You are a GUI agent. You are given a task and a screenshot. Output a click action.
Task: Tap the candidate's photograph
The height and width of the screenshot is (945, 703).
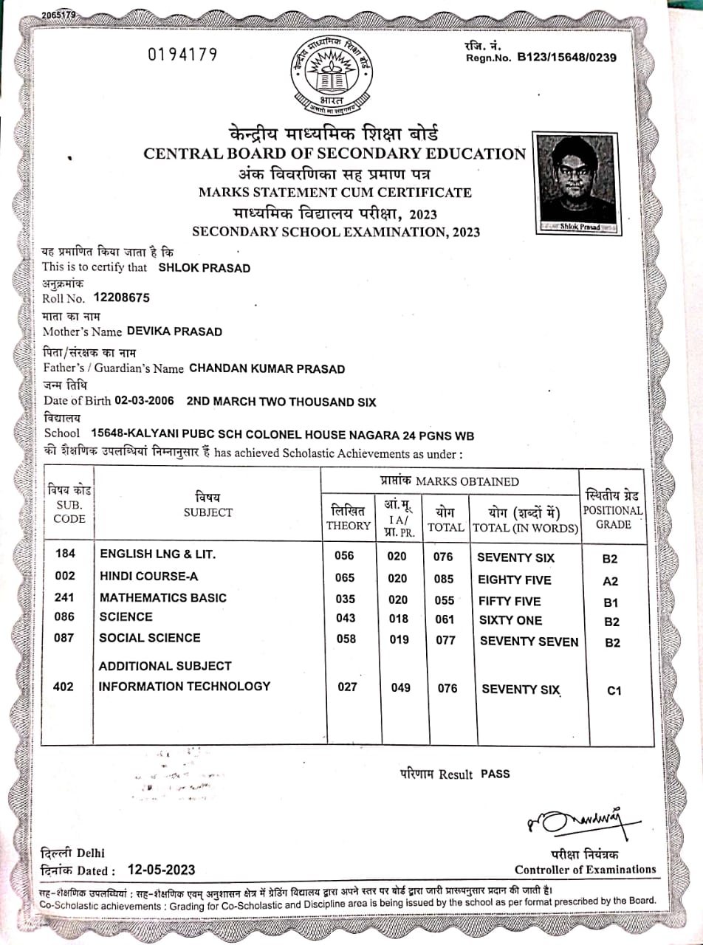(577, 182)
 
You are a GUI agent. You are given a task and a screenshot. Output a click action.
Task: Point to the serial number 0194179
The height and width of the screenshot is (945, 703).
(183, 55)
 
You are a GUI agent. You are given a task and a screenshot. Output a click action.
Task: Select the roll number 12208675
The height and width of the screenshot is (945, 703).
(122, 298)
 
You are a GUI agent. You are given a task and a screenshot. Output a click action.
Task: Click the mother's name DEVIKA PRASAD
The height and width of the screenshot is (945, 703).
(174, 331)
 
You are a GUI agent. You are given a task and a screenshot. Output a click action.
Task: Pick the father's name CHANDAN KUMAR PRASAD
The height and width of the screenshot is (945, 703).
(267, 368)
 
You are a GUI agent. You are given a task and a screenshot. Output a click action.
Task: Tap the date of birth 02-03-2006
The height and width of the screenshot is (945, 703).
(145, 401)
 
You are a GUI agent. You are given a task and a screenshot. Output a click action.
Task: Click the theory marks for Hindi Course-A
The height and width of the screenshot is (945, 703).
(344, 578)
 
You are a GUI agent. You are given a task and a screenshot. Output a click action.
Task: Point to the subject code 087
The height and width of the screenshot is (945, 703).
(65, 638)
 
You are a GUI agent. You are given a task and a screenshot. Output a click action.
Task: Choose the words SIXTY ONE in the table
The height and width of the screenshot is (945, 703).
(510, 620)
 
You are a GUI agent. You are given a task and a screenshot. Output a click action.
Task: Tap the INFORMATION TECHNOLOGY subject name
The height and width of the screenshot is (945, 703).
(185, 687)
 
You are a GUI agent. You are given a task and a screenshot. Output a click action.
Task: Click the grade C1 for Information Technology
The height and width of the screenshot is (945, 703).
(614, 691)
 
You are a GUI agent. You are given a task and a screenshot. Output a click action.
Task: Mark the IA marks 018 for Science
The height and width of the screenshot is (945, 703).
(398, 619)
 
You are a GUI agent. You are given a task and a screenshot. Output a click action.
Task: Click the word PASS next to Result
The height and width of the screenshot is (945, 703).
(495, 774)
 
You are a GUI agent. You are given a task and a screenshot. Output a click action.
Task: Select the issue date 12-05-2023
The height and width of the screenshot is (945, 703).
(161, 870)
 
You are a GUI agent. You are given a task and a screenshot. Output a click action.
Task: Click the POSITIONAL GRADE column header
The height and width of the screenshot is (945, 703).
(613, 510)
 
